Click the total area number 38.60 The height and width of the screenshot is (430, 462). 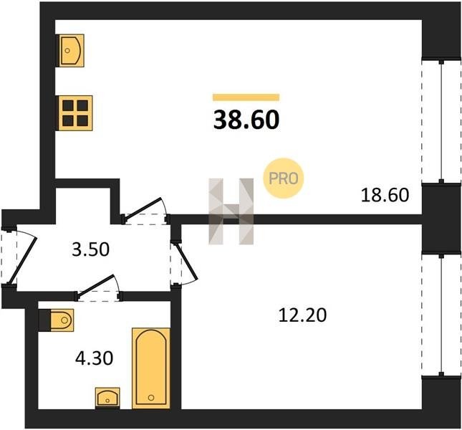click(x=246, y=120)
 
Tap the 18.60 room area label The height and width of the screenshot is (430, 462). click(x=385, y=195)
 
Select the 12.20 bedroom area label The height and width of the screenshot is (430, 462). click(x=302, y=315)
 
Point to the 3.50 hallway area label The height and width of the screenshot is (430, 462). click(x=90, y=249)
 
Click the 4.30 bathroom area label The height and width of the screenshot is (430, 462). click(x=94, y=358)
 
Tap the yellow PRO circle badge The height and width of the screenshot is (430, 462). click(x=283, y=178)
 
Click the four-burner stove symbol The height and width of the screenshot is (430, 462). click(x=75, y=113)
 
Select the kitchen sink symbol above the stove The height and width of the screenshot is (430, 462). click(x=72, y=50)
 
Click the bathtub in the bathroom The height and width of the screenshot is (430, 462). click(x=151, y=368)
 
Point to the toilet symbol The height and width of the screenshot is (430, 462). click(x=57, y=320)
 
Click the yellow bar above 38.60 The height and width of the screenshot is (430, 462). click(x=246, y=97)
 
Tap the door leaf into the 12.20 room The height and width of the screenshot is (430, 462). click(x=187, y=261)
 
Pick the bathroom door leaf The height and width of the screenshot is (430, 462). click(x=95, y=284)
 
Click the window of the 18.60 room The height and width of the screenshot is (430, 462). click(x=441, y=121)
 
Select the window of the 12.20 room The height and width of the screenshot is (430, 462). click(x=441, y=315)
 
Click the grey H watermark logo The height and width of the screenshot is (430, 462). click(x=231, y=211)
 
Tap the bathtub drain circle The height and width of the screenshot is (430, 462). click(x=151, y=398)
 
